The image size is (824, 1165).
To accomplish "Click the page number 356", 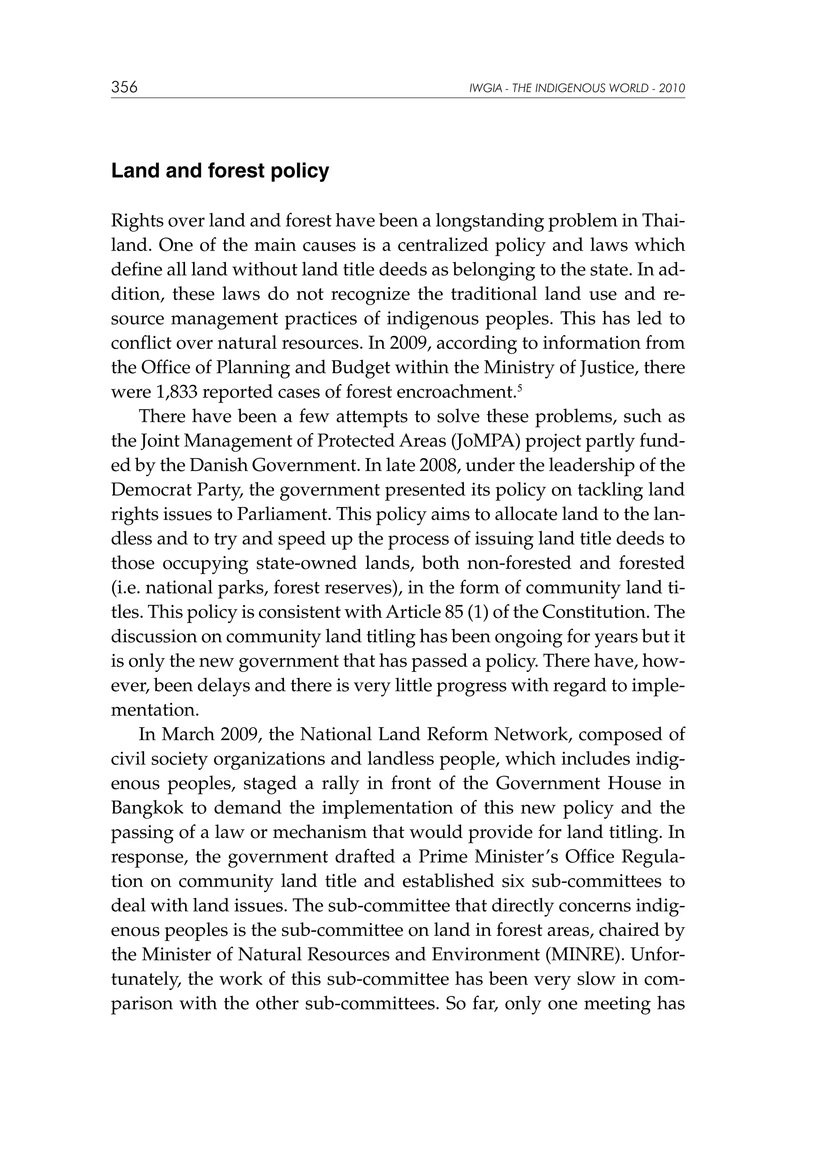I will point(124,87).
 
